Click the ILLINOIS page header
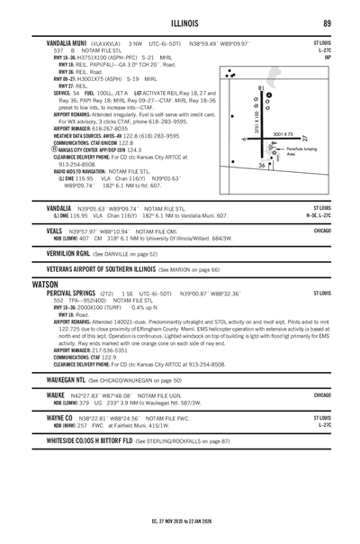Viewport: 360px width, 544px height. click(x=179, y=23)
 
